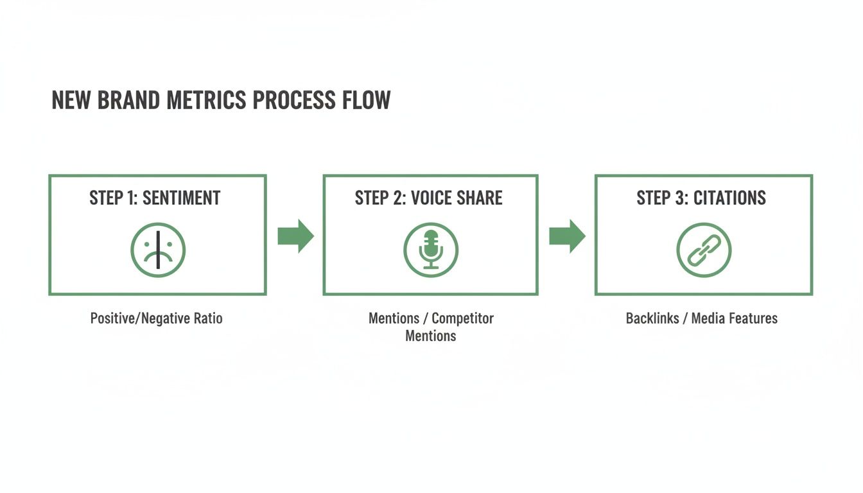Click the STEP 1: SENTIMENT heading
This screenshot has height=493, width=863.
pos(155,198)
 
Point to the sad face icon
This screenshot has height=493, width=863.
pos(158,250)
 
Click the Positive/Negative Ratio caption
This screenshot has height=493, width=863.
pos(156,318)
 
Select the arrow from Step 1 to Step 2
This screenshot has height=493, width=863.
pos(295,236)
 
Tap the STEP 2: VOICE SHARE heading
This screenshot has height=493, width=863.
pos(429,198)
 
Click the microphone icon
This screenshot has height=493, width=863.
pos(431,250)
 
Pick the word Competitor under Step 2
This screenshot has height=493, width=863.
pos(462,318)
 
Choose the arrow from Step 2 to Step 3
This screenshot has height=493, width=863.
pos(567,236)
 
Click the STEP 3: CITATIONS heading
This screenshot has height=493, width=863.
pos(701,198)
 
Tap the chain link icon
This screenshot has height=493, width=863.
pos(704,250)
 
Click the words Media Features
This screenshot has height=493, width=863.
pos(738,318)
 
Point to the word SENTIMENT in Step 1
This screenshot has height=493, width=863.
pos(181,198)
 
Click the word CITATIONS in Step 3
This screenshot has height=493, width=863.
pos(729,198)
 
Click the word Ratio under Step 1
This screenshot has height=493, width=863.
pos(207,318)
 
